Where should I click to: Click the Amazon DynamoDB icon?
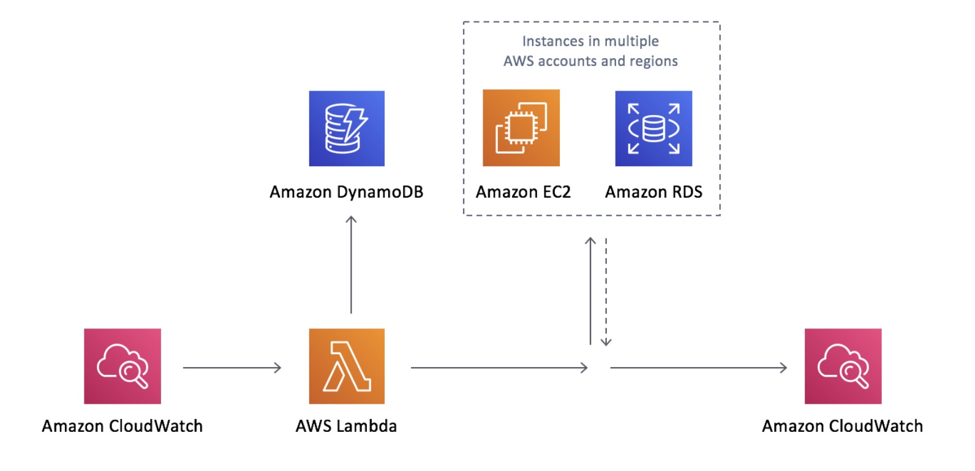347,128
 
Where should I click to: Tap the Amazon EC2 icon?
521,128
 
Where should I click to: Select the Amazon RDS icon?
653,128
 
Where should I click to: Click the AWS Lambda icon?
347,366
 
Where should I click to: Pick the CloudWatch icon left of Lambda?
122,366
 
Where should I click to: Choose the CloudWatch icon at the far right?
843,366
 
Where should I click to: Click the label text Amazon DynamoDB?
347,192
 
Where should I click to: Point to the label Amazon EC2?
523,192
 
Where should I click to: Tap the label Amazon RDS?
653,192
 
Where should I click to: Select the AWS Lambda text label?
346,426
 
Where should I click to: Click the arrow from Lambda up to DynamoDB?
351,264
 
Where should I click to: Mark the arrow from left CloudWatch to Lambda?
232,368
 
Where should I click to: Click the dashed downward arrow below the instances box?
606,292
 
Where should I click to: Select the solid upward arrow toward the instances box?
590,291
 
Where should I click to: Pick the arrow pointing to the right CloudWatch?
698,368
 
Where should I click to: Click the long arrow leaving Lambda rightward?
499,368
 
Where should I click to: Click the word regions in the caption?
655,61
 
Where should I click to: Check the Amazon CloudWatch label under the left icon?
122,426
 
